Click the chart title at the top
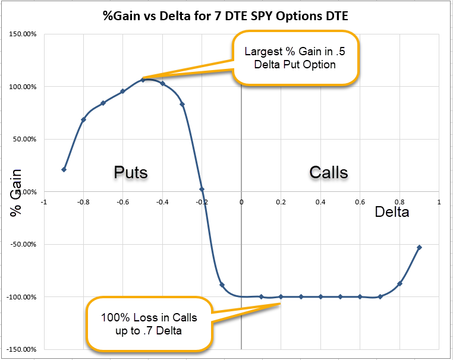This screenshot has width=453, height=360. tap(225, 16)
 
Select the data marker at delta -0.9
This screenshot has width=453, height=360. tap(64, 169)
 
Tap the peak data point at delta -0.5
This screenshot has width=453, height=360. tap(143, 80)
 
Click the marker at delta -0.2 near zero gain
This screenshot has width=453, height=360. tap(202, 190)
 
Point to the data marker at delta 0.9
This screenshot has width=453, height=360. tap(420, 247)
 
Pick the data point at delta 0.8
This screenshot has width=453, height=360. tap(400, 284)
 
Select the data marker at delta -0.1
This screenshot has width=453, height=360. tap(222, 285)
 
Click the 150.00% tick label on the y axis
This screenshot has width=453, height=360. tap(23, 34)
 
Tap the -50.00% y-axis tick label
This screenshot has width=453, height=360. tap(23, 244)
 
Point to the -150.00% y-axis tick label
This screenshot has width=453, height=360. tap(21, 349)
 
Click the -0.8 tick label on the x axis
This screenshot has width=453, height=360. tap(83, 202)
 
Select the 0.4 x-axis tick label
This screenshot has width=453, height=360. tap(320, 202)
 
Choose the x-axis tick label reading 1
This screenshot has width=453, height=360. tap(439, 202)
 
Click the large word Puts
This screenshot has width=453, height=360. tap(131, 173)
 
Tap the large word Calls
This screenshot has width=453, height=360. tap(329, 173)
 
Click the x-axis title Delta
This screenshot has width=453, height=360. tap(392, 212)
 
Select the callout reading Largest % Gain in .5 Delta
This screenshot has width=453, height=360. tap(295, 58)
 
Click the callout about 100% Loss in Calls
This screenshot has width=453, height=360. tap(149, 324)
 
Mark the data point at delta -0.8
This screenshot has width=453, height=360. tap(83, 119)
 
